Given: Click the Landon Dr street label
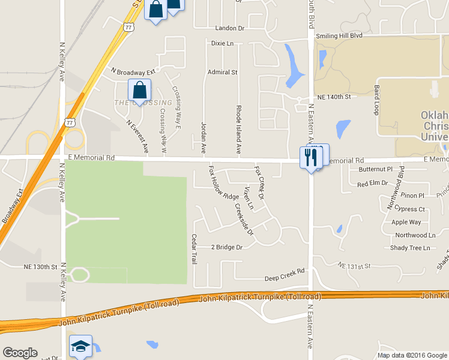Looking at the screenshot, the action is tap(230, 28).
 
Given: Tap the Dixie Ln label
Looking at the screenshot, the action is tap(222, 43).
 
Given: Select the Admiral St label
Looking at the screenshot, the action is tap(223, 72).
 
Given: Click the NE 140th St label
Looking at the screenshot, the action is tap(333, 97).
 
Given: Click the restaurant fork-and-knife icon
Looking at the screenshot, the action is tap(311, 157).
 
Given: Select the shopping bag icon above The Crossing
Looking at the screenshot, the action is tap(139, 91).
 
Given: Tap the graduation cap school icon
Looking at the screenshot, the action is tap(81, 346).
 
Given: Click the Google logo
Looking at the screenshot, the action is tap(20, 353).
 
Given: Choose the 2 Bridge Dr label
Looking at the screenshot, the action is tap(226, 247).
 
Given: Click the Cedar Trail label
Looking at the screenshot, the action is tap(194, 249).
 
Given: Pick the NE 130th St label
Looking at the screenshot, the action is tap(40, 266).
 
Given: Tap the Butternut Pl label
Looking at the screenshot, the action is tap(375, 170).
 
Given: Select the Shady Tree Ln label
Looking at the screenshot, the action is tap(410, 248).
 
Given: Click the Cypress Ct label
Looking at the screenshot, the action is tap(411, 209).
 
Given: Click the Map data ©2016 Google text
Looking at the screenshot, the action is tap(412, 355).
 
